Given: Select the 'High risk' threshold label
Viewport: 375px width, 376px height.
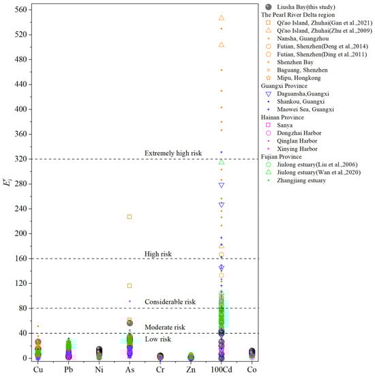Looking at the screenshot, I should [x=158, y=254].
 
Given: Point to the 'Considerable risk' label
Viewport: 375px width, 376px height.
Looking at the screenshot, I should [x=170, y=302].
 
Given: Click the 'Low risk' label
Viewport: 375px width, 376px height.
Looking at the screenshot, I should [x=158, y=339].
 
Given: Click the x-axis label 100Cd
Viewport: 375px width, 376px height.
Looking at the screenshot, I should [x=220, y=369].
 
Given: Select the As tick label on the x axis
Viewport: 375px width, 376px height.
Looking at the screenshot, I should [x=130, y=369].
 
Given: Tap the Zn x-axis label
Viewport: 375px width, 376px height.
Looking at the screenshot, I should [x=190, y=369].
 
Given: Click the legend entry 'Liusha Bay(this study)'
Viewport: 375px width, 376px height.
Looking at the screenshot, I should [x=306, y=6].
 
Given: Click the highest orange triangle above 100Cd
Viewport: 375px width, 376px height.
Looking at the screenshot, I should [x=221, y=18].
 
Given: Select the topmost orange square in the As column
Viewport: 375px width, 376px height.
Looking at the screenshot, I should [x=130, y=217].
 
